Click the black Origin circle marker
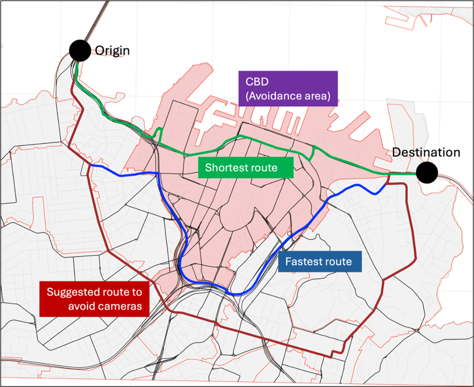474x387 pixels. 80,51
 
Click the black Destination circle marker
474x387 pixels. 427,173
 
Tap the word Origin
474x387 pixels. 112,51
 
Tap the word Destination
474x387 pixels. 426,153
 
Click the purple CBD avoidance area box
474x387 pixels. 288,89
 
